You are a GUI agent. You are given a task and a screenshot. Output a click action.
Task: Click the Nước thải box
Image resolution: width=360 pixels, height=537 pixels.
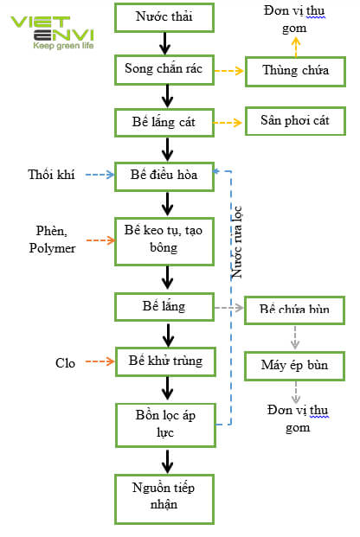click(164, 16)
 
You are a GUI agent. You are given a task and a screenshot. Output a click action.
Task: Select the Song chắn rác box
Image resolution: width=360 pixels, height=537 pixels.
click(164, 70)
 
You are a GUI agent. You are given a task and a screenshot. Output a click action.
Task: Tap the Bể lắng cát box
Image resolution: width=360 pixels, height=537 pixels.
click(164, 122)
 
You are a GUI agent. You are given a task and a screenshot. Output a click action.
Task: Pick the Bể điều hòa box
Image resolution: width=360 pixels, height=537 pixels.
click(164, 176)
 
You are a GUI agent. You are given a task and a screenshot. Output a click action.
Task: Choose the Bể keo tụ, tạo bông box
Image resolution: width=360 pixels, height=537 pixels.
click(164, 238)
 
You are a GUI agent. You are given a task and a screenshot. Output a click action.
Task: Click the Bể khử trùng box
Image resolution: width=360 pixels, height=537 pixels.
click(164, 361)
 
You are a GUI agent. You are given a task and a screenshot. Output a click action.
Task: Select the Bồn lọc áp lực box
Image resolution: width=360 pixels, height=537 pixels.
click(164, 423)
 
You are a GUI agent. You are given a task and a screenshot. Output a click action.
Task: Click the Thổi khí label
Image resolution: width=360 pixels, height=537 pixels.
click(51, 176)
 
